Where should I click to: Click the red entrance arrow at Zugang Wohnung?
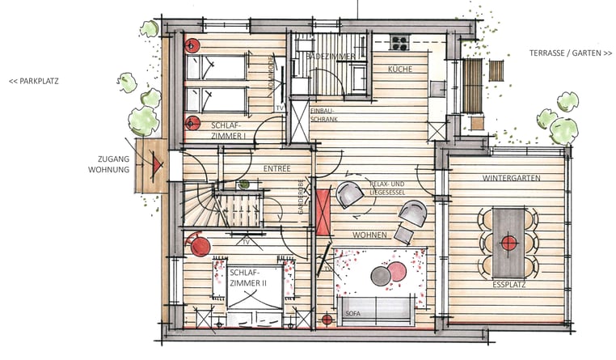[x=157, y=165]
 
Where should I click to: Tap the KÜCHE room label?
[x=400, y=70]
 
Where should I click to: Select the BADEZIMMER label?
[x=331, y=57]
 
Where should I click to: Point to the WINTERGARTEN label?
[x=512, y=178]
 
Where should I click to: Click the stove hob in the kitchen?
[x=399, y=42]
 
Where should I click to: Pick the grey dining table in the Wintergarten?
[x=508, y=244]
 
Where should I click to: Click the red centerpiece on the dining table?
[x=508, y=244]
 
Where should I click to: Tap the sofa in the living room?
[x=377, y=311]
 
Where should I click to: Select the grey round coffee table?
[x=381, y=276]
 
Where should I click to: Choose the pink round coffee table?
[x=397, y=272]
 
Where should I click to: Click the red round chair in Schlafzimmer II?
[x=199, y=245]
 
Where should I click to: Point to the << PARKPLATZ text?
[x=34, y=82]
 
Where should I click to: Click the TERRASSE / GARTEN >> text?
[x=571, y=53]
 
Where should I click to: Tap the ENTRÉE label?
[x=277, y=168]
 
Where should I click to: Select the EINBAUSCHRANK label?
[x=324, y=115]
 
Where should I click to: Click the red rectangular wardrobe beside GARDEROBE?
[x=323, y=212]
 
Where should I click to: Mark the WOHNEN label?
[x=369, y=235]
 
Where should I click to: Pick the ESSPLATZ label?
[x=508, y=285]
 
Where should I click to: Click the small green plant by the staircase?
[x=244, y=184]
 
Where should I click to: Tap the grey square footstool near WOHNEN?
[x=403, y=234]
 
